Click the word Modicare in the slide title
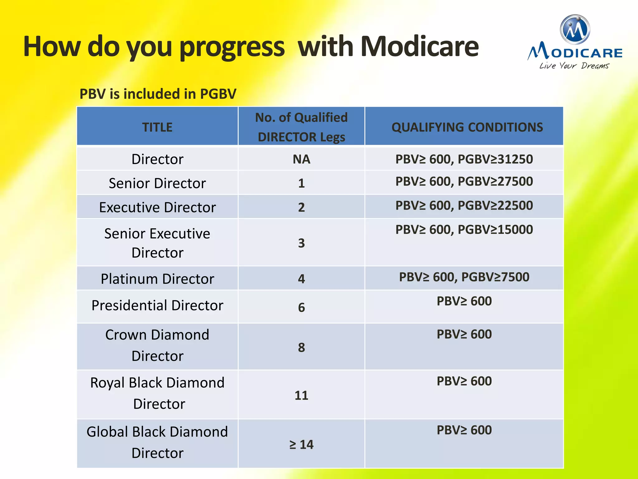419,47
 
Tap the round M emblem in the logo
575,30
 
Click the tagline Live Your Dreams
574,66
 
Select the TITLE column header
157,127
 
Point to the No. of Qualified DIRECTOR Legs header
301,127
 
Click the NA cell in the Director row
301,159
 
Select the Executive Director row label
157,207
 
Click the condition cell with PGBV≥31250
464,159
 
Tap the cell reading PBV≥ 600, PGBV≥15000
464,230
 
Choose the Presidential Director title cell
157,305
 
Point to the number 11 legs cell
301,395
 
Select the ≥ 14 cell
301,444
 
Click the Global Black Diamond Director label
157,442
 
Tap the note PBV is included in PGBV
158,94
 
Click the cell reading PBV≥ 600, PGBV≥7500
464,277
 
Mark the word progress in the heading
232,47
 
